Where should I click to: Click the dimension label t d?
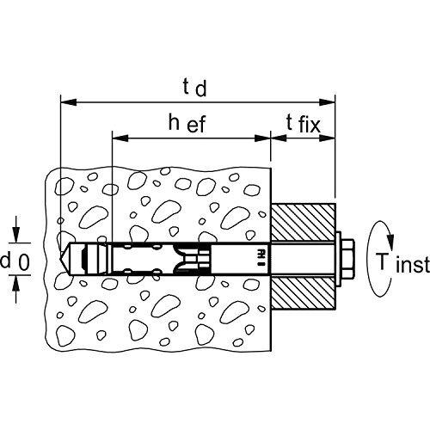(x=194, y=88)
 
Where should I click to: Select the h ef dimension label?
(x=187, y=123)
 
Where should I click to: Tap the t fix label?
(x=304, y=124)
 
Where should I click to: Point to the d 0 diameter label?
(x=15, y=261)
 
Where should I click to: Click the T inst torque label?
(x=402, y=263)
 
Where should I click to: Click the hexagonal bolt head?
(x=347, y=259)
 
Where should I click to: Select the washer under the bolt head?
(x=337, y=259)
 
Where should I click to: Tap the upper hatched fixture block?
(x=303, y=223)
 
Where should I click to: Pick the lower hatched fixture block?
(x=303, y=293)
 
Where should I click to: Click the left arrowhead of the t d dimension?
(x=69, y=102)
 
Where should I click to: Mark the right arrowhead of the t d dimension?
(x=327, y=102)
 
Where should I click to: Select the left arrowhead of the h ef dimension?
(x=120, y=138)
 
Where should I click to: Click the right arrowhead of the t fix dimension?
(x=327, y=138)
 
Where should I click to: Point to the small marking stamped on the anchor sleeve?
(x=261, y=259)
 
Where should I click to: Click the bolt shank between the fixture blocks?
(x=303, y=259)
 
